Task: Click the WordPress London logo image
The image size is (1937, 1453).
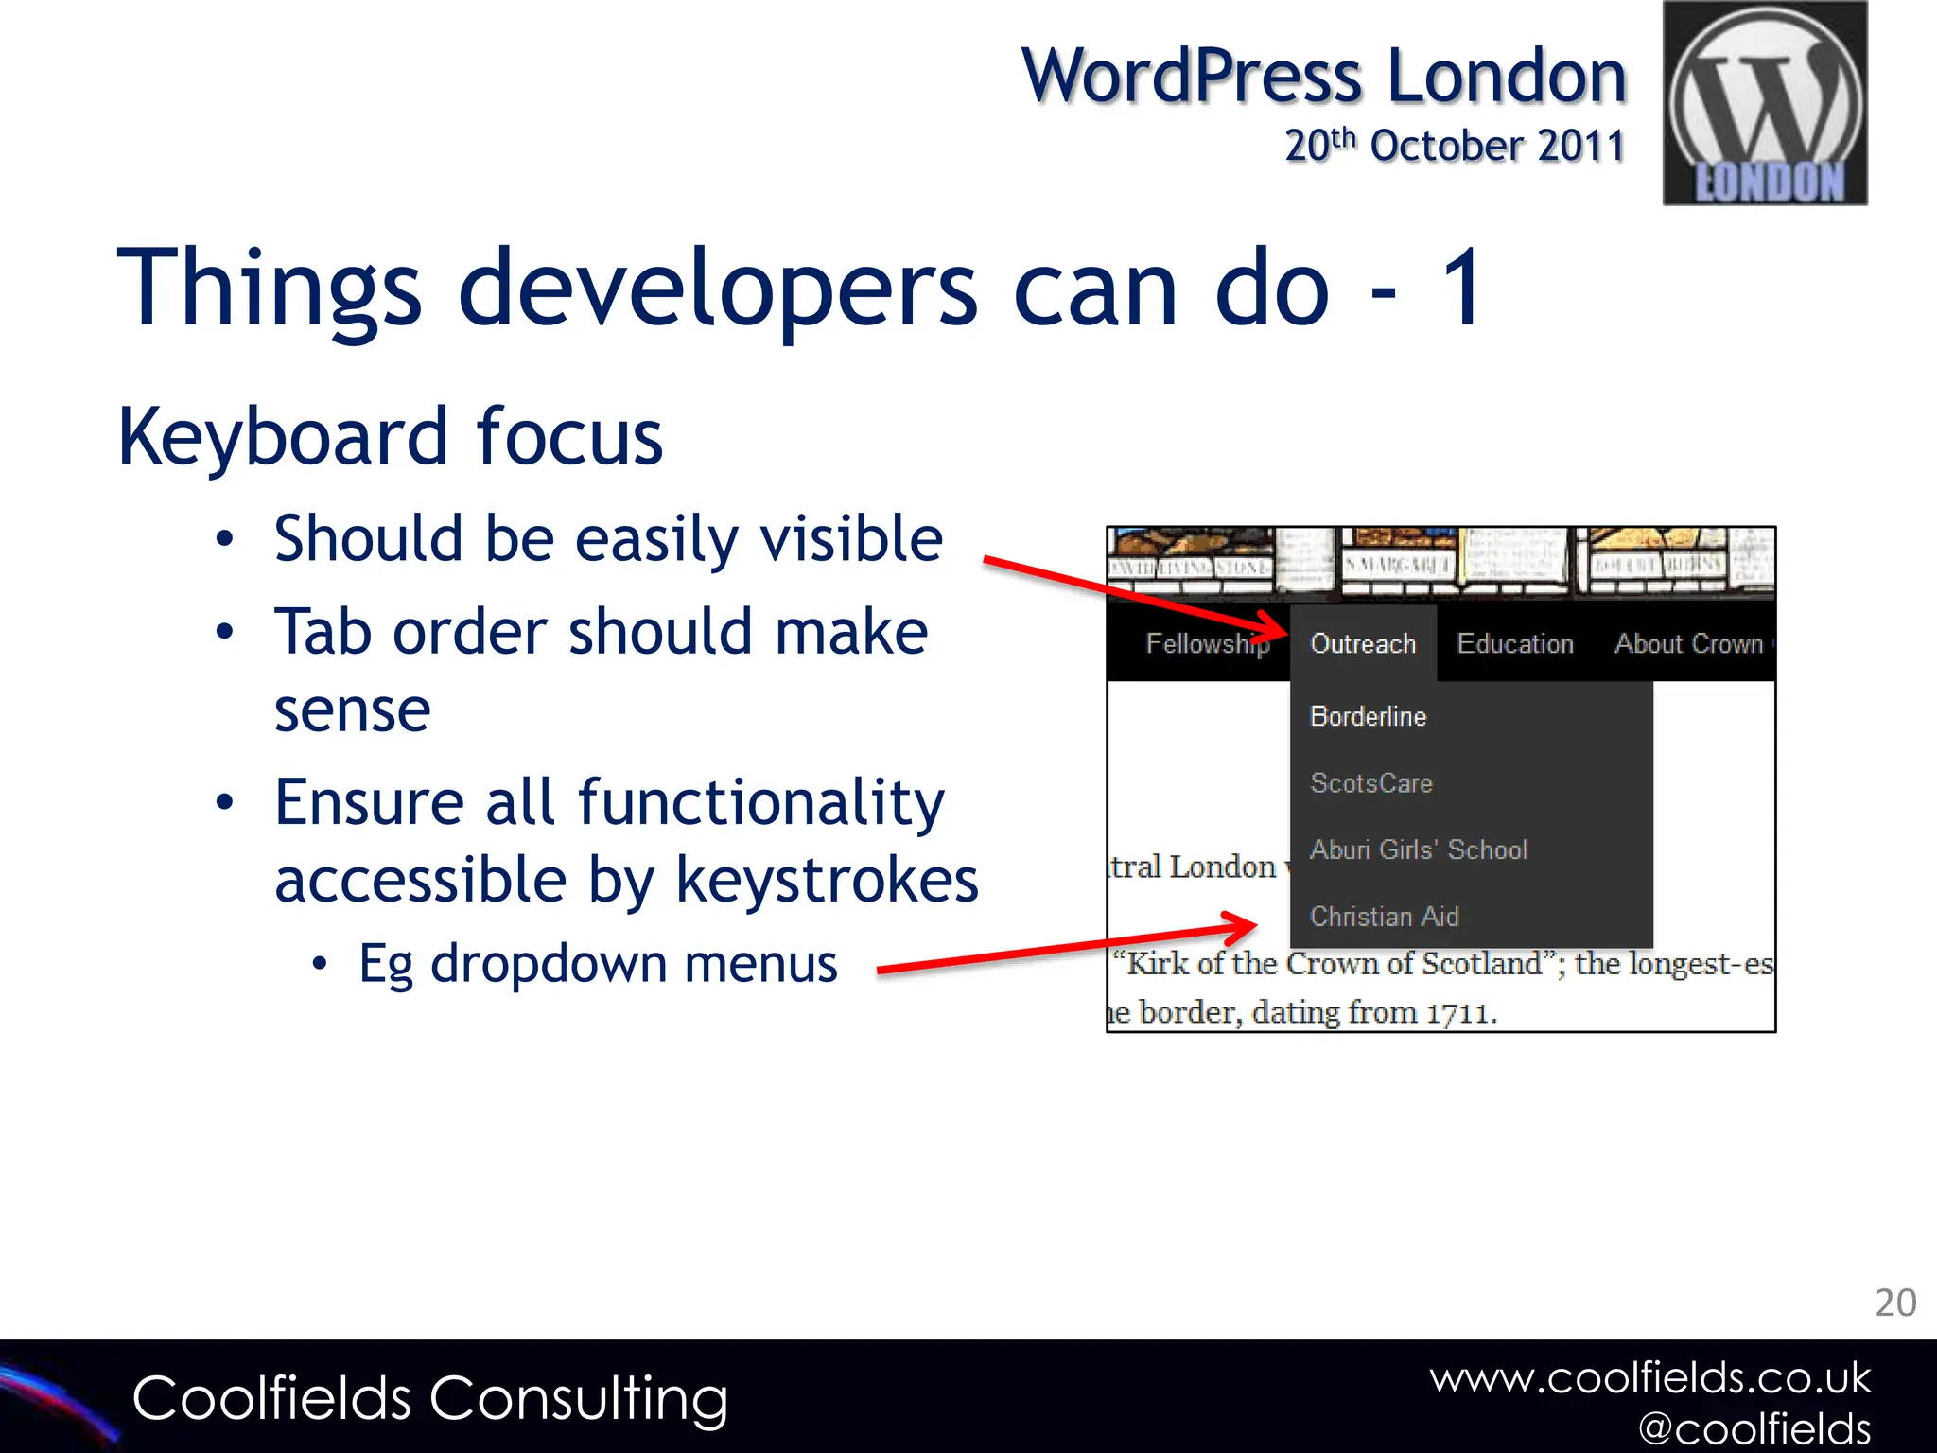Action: [1765, 103]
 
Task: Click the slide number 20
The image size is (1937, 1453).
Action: [1895, 1304]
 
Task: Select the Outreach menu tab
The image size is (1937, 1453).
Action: [1363, 644]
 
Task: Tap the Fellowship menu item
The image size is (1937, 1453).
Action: [1207, 644]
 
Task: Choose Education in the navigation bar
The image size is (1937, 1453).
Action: [1515, 644]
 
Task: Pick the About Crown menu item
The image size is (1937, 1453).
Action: [1689, 644]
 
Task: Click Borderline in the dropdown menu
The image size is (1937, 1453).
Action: [1368, 717]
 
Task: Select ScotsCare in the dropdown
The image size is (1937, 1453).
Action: [1371, 783]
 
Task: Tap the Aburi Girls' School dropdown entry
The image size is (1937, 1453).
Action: [1418, 849]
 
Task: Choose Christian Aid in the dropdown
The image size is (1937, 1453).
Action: [1385, 917]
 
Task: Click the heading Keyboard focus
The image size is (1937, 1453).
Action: [390, 437]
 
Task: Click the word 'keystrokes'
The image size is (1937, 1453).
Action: [828, 881]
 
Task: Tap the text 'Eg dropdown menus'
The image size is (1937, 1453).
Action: [598, 965]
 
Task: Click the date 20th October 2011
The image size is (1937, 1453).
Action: [1454, 146]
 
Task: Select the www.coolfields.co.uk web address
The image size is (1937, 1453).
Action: [1650, 1378]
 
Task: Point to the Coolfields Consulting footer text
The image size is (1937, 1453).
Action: [430, 1399]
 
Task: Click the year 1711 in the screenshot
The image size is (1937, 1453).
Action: [1460, 1013]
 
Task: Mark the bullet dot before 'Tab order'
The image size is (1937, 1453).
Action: [224, 632]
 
